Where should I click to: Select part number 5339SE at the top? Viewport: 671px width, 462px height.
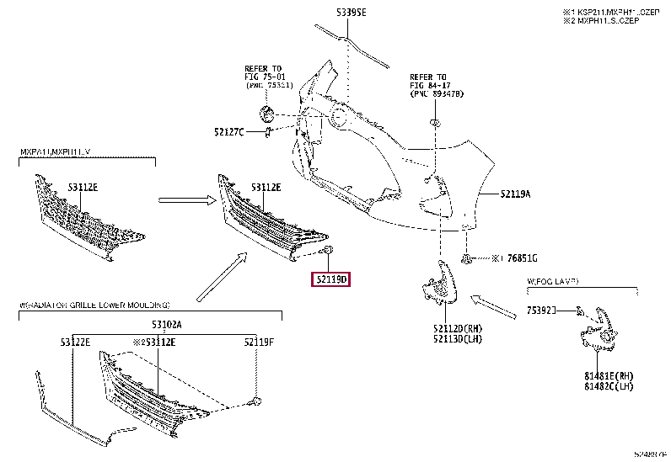tap(350, 13)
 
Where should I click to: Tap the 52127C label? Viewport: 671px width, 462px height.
tap(228, 131)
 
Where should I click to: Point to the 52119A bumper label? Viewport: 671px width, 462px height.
tap(515, 194)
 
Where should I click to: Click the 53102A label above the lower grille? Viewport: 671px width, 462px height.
tap(166, 324)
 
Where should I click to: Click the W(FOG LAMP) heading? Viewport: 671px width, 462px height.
tap(558, 283)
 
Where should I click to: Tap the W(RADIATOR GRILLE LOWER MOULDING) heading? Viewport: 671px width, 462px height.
tap(94, 304)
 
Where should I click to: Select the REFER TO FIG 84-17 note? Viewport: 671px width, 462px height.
tap(436, 84)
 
